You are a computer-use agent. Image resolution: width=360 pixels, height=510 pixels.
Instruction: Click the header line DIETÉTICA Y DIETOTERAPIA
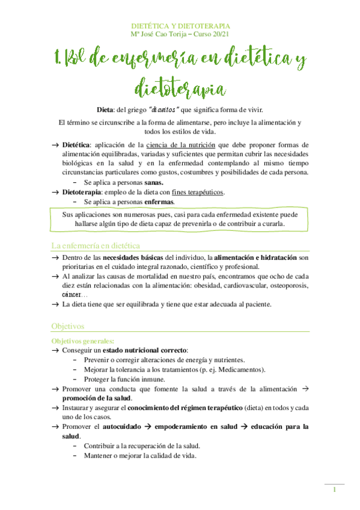pos(180,26)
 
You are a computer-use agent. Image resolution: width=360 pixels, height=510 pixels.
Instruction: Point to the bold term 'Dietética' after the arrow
pos(76,145)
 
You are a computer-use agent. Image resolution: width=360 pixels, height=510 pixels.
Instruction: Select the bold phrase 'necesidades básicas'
pos(126,257)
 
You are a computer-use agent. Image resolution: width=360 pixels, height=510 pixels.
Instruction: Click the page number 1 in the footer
pos(334,490)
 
